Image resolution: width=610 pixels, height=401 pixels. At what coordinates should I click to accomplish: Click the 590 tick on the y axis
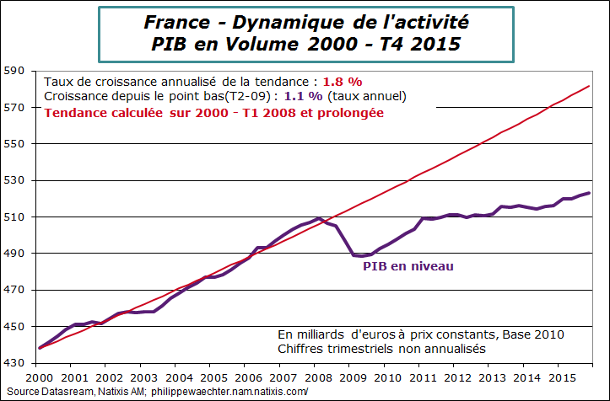pyautogui.click(x=16, y=71)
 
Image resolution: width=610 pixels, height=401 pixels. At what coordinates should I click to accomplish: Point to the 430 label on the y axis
pyautogui.click(x=16, y=363)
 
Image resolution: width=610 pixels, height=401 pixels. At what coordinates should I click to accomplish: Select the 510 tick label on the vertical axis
pyautogui.click(x=16, y=217)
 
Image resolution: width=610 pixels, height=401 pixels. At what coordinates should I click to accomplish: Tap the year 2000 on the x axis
pyautogui.click(x=39, y=379)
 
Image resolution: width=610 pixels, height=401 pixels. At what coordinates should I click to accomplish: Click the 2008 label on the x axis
pyautogui.click(x=318, y=379)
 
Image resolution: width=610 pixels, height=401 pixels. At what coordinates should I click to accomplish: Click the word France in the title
pyautogui.click(x=174, y=21)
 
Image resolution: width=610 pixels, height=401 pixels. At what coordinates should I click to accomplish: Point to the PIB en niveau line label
pyautogui.click(x=408, y=267)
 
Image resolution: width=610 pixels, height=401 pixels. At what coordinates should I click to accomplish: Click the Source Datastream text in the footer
pyautogui.click(x=44, y=392)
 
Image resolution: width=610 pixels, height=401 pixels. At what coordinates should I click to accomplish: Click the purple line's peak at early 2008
pyautogui.click(x=318, y=219)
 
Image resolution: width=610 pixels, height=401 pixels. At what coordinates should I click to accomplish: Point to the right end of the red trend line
pyautogui.click(x=589, y=87)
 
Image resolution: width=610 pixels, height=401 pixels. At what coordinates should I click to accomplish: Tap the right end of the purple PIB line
pyautogui.click(x=589, y=193)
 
